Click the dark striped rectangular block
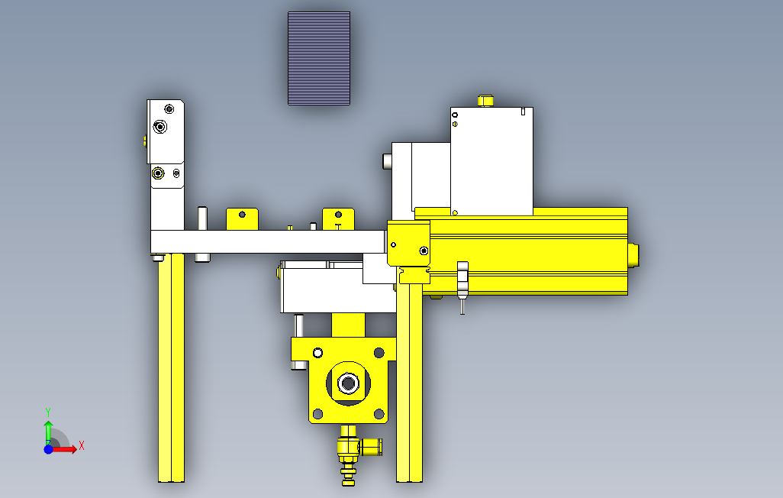pos(318,59)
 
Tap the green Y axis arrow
pos(48,431)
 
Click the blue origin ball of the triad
pos(48,449)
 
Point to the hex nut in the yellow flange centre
pos(347,383)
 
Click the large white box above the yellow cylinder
pos(491,161)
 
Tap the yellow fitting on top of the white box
pos(485,101)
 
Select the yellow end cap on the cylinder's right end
pos(633,254)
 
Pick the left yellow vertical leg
pos(171,367)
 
